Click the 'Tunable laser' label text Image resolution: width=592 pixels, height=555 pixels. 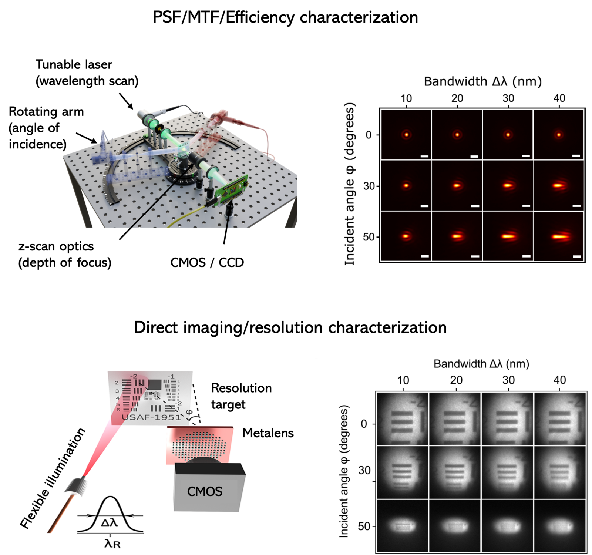click(74, 65)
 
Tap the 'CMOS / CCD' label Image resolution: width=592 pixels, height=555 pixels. click(207, 263)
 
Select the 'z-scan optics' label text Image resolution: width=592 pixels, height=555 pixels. click(56, 247)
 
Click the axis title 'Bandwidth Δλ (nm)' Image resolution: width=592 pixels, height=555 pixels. click(482, 81)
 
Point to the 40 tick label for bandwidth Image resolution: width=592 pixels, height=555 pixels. click(559, 98)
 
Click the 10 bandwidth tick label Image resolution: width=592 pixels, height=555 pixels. click(406, 98)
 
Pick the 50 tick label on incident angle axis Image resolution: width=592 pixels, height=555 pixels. click(369, 237)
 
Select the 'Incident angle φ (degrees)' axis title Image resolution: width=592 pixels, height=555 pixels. click(350, 184)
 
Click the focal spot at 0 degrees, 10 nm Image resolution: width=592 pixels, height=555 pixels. click(406, 135)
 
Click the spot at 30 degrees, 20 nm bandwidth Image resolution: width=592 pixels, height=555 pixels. click(457, 185)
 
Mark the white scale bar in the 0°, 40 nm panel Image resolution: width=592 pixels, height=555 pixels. click(576, 156)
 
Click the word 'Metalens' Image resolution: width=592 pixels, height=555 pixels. click(268, 433)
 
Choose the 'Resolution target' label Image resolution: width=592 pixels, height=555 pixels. click(241, 396)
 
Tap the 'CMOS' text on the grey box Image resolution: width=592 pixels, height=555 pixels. click(205, 491)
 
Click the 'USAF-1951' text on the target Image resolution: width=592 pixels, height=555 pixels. click(151, 417)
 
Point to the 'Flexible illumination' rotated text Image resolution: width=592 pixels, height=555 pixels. click(52, 478)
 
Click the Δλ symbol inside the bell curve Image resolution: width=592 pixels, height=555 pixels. click(110, 522)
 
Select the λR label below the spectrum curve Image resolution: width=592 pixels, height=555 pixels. click(112, 544)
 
